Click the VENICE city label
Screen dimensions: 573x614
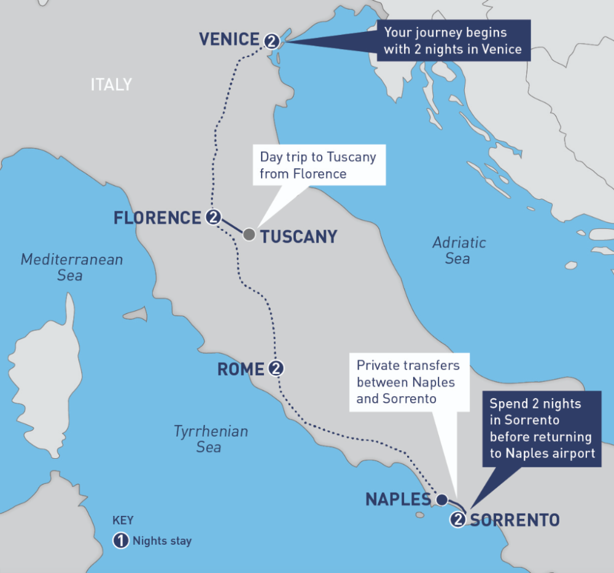(228, 39)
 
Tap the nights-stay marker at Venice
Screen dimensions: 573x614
(272, 41)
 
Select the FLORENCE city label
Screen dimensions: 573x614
(157, 217)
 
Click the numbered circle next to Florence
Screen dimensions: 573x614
(213, 217)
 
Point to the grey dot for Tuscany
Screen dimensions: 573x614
(249, 235)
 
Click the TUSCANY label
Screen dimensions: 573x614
(298, 236)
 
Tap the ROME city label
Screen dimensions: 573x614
(241, 369)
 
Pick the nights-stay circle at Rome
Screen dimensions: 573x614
(277, 368)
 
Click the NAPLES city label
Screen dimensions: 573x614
(398, 499)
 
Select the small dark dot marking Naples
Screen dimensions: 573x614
(441, 499)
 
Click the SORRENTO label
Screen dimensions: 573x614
(515, 520)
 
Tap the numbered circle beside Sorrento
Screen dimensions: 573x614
(458, 520)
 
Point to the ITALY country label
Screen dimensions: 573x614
(111, 84)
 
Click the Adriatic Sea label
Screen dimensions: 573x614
(458, 250)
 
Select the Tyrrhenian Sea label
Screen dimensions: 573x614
(210, 439)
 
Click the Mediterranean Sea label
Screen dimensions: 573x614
(71, 267)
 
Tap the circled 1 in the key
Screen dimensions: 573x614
(121, 541)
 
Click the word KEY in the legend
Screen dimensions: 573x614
(123, 520)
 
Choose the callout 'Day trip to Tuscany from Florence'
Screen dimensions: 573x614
(317, 165)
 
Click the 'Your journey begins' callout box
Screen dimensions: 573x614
(453, 41)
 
